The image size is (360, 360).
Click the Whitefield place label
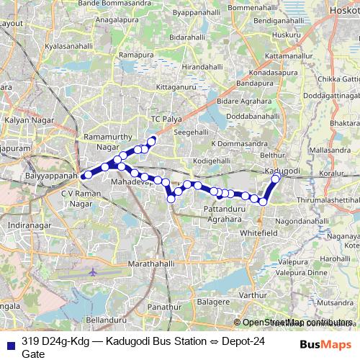pyautogui.click(x=258, y=234)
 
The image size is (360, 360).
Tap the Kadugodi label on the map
pyautogui.click(x=283, y=170)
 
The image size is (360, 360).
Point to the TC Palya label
pyautogui.click(x=163, y=117)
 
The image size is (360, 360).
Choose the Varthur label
pyautogui.click(x=253, y=295)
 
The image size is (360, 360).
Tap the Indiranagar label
pyautogui.click(x=26, y=225)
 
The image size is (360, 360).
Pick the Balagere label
pyautogui.click(x=213, y=300)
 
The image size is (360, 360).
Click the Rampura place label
pyautogui.click(x=137, y=55)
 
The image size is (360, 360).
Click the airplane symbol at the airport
pyautogui.click(x=93, y=272)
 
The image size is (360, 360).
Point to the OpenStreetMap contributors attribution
pyautogui.click(x=293, y=323)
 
